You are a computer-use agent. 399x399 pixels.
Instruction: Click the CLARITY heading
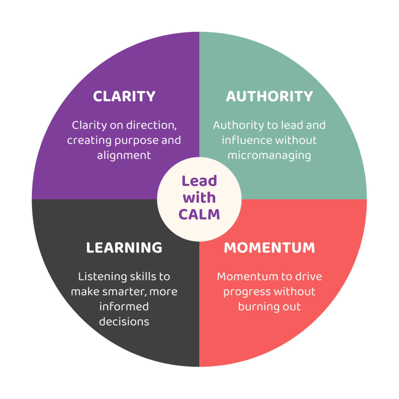(124, 96)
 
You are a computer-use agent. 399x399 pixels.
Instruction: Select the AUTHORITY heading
(269, 96)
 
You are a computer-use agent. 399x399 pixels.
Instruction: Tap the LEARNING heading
(124, 248)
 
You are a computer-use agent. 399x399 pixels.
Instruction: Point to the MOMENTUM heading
(269, 248)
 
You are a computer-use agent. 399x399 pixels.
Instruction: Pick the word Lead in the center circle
(199, 181)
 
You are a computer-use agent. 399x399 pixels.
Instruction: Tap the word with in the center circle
(199, 198)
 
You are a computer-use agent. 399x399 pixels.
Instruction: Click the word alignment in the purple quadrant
(124, 155)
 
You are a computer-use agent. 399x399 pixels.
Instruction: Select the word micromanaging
(269, 155)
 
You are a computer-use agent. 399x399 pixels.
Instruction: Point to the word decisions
(124, 322)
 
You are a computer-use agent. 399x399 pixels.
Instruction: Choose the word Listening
(102, 277)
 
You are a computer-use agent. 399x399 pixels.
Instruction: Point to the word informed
(124, 307)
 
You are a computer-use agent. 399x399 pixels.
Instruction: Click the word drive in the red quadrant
(308, 277)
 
